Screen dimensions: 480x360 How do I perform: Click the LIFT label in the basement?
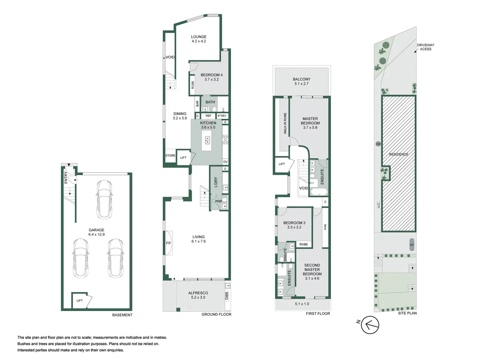click(x=79, y=300)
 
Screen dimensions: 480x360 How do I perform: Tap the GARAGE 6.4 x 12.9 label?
click(x=96, y=232)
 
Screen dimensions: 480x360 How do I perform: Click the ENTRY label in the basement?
click(x=66, y=177)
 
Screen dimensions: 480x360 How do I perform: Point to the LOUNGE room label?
click(x=198, y=37)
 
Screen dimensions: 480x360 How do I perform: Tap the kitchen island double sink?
click(x=207, y=140)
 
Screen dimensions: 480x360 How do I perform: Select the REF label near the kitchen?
click(x=208, y=115)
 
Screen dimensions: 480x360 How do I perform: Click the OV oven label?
click(x=225, y=162)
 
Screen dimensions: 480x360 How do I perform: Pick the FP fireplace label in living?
click(x=168, y=243)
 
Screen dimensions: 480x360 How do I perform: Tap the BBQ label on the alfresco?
click(x=226, y=296)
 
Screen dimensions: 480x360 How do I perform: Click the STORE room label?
click(x=170, y=156)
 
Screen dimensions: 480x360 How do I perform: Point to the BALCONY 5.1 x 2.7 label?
click(x=301, y=81)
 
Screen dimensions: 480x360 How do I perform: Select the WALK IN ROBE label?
click(x=285, y=123)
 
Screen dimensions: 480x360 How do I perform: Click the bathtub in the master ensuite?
click(x=319, y=192)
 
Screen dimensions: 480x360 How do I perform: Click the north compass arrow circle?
click(x=370, y=325)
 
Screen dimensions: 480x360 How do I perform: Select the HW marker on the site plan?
click(x=378, y=144)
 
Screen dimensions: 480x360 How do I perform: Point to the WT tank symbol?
click(x=412, y=244)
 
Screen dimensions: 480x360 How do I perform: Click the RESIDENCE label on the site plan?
click(x=399, y=154)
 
